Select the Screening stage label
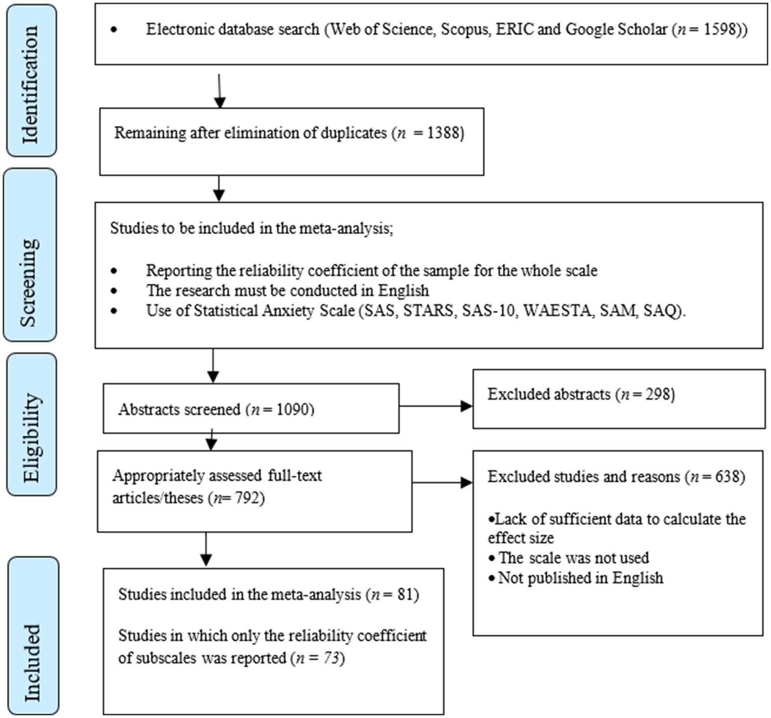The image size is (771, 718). pyautogui.click(x=29, y=256)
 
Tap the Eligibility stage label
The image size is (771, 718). pyautogui.click(x=31, y=424)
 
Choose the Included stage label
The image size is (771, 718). pyautogui.click(x=33, y=635)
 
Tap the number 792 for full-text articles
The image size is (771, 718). pyautogui.click(x=247, y=498)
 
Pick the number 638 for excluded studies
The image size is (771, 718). pyautogui.click(x=727, y=476)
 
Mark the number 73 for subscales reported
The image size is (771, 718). pyautogui.click(x=331, y=658)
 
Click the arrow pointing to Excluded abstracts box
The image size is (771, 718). pyautogui.click(x=436, y=406)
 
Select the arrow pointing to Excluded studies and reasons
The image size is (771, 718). pyautogui.click(x=442, y=483)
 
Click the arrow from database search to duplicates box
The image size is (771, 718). pyautogui.click(x=219, y=91)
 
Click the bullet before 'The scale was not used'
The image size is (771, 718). pyautogui.click(x=492, y=558)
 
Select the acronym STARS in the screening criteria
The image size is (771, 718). pyautogui.click(x=428, y=311)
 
